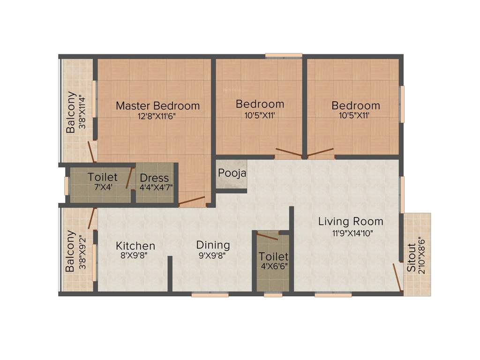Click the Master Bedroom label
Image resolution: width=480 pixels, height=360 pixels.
tap(157, 105)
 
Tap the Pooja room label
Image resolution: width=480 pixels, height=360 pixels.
tap(232, 173)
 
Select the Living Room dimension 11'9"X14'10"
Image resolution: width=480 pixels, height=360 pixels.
tap(351, 232)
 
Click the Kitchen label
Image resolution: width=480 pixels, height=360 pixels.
tap(135, 246)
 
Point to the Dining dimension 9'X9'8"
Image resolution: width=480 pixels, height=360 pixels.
tap(213, 256)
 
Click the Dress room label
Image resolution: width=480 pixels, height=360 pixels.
tap(154, 178)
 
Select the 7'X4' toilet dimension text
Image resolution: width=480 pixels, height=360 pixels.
tap(102, 187)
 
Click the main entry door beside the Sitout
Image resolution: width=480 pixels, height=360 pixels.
tap(397, 277)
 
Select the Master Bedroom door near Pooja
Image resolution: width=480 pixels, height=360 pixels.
tap(192, 202)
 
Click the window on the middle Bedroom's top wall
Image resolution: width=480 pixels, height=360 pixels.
tap(284, 56)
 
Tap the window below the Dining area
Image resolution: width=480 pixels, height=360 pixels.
tap(210, 295)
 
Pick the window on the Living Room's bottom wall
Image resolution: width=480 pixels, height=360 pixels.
tap(333, 295)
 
